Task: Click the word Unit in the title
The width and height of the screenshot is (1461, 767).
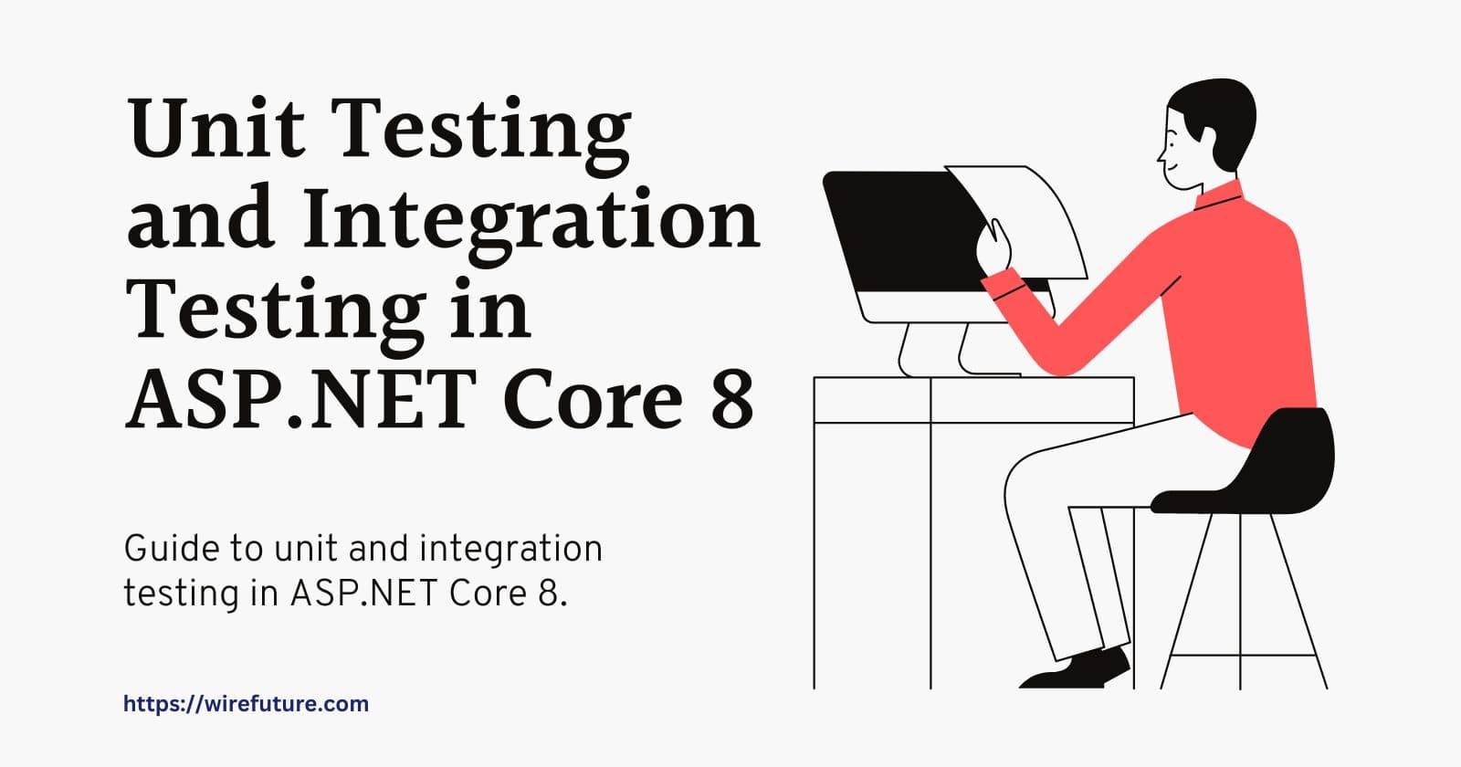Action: click(x=215, y=128)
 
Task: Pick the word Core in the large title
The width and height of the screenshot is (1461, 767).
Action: click(x=594, y=399)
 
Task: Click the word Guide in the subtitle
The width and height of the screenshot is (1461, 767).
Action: click(x=170, y=549)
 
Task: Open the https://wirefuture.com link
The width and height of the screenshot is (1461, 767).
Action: click(x=246, y=704)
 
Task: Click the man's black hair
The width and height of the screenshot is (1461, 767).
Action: click(x=1217, y=119)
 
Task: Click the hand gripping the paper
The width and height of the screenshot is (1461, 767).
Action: click(x=993, y=247)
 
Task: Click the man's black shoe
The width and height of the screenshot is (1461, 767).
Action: click(x=1077, y=670)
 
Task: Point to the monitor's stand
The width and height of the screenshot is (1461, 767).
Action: click(x=958, y=350)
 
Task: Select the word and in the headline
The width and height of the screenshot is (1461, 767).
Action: click(x=200, y=218)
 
